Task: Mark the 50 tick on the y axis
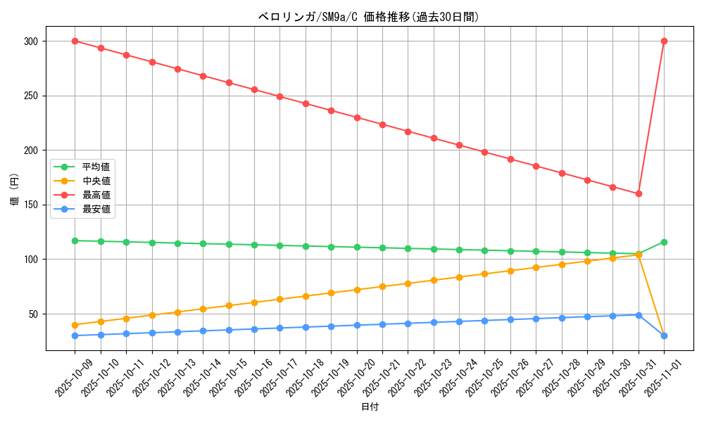32,314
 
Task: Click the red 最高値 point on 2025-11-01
664,41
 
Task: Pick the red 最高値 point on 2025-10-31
639,193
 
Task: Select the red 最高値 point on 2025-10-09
75,41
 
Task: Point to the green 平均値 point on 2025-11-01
664,242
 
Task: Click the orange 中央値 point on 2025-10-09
75,325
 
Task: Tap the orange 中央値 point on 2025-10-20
357,290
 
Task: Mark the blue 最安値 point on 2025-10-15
229,330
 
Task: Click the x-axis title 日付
370,407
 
